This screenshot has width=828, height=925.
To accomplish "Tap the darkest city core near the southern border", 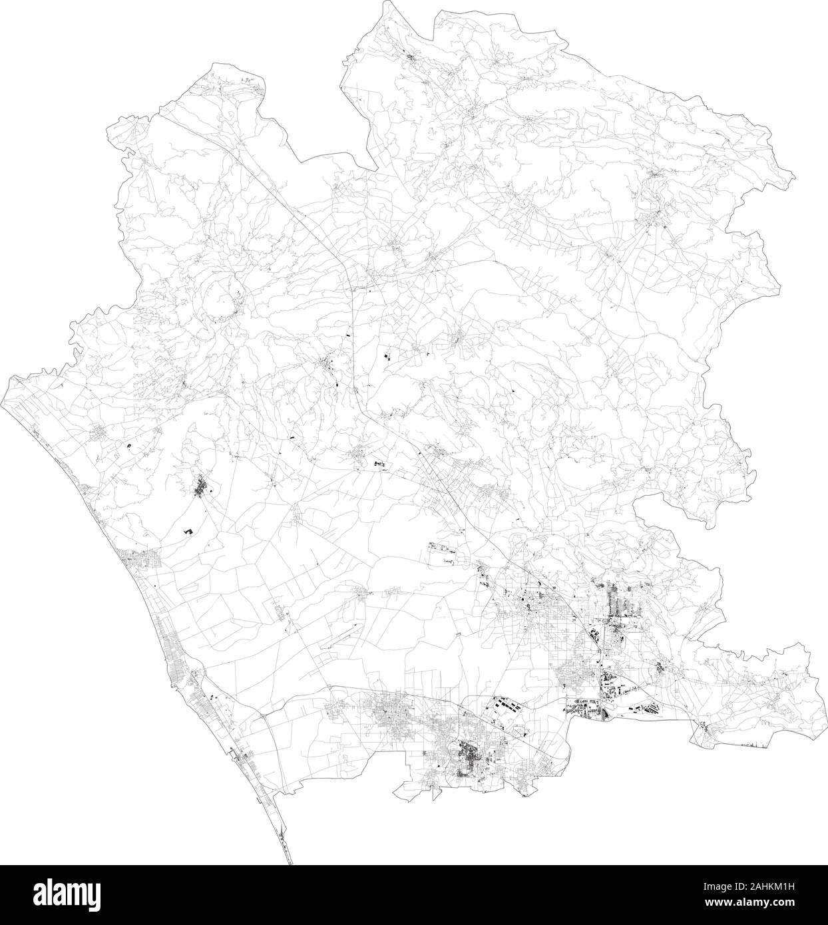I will [x=470, y=759].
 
